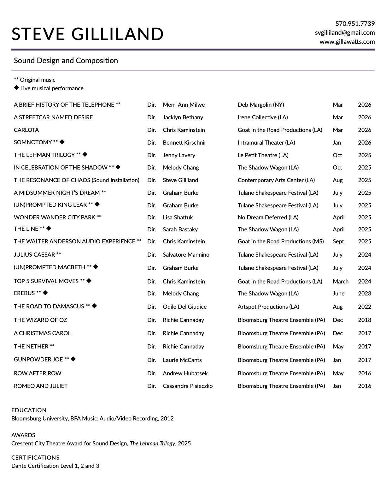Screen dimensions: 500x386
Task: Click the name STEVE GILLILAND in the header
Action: click(87, 34)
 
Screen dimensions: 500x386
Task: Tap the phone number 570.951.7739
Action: click(355, 24)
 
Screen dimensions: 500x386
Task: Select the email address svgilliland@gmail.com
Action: click(345, 33)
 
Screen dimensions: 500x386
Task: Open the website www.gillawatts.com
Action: click(347, 42)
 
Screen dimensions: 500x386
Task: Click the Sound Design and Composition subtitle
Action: click(66, 61)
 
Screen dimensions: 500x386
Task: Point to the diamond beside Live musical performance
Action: click(16, 88)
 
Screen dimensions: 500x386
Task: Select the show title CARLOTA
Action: click(26, 130)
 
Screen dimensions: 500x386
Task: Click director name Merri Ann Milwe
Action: click(184, 105)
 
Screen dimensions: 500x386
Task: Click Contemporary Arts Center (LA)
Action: click(276, 180)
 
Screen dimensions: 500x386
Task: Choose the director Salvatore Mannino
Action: click(186, 255)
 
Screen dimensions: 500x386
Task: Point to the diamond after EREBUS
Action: click(45, 293)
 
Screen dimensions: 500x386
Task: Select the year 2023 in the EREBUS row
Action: click(365, 294)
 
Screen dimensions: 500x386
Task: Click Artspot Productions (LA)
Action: click(268, 307)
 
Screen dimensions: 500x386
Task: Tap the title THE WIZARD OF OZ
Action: click(40, 320)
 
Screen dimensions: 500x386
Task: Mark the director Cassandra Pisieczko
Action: click(188, 386)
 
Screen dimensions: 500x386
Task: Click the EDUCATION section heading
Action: click(29, 410)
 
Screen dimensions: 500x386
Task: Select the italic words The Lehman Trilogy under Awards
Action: click(152, 443)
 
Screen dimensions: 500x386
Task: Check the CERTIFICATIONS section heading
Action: click(35, 458)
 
